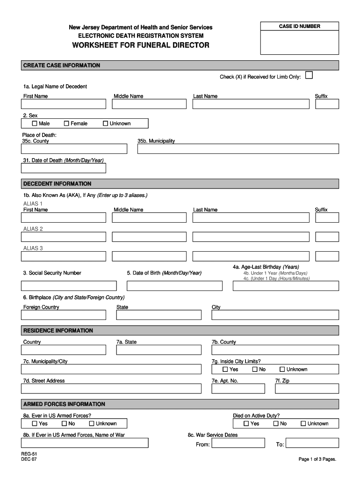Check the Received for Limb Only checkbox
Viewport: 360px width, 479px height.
pos(309,75)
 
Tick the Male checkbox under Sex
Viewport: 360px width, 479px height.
pos(35,123)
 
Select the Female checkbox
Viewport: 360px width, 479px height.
pos(66,123)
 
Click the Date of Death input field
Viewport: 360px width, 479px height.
pos(64,168)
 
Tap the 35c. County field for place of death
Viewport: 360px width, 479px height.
pos(74,149)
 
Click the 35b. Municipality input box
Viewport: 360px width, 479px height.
pos(238,149)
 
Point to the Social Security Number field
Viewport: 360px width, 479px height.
pos(69,286)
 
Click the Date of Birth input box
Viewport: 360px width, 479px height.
pos(174,286)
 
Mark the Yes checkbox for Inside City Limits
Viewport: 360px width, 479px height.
pos(225,370)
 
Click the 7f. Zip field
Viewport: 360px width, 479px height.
pos(307,389)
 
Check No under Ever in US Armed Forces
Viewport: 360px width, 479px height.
pos(65,424)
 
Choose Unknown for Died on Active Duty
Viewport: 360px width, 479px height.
pos(303,424)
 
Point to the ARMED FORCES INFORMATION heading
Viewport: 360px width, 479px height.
pos(64,404)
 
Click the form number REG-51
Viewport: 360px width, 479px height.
pos(29,454)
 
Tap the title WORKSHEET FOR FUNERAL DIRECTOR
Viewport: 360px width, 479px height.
pos(141,45)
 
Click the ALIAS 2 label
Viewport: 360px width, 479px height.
pos(33,229)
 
